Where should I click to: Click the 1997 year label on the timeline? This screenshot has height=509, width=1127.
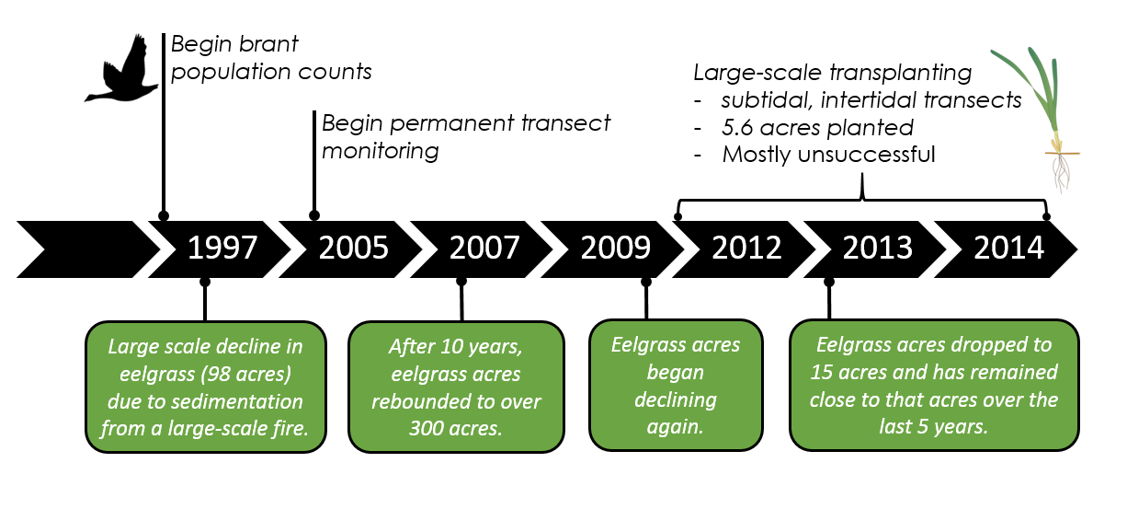[222, 248]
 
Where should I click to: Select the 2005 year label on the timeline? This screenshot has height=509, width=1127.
[354, 248]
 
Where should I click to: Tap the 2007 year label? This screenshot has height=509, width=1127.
[484, 248]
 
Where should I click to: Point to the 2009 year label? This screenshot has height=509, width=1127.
[616, 248]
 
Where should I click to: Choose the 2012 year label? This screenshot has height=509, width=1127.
[746, 248]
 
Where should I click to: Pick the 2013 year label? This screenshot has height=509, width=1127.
[878, 248]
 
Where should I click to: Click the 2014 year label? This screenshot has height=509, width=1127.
[1008, 248]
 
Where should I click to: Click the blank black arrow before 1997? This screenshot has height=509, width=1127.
[85, 249]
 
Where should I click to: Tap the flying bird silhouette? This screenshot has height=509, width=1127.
[121, 69]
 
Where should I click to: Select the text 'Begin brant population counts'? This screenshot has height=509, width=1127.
[270, 58]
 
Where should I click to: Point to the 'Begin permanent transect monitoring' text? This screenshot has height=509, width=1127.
[466, 137]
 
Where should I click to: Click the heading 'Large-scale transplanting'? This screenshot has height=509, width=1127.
[832, 73]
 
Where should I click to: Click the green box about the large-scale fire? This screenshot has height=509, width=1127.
[206, 387]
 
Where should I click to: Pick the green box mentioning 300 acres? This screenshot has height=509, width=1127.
[456, 387]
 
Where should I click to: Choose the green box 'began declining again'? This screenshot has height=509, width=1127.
[676, 385]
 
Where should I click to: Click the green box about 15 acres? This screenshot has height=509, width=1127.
[934, 385]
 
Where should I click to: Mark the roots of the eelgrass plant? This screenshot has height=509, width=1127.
[1062, 172]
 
